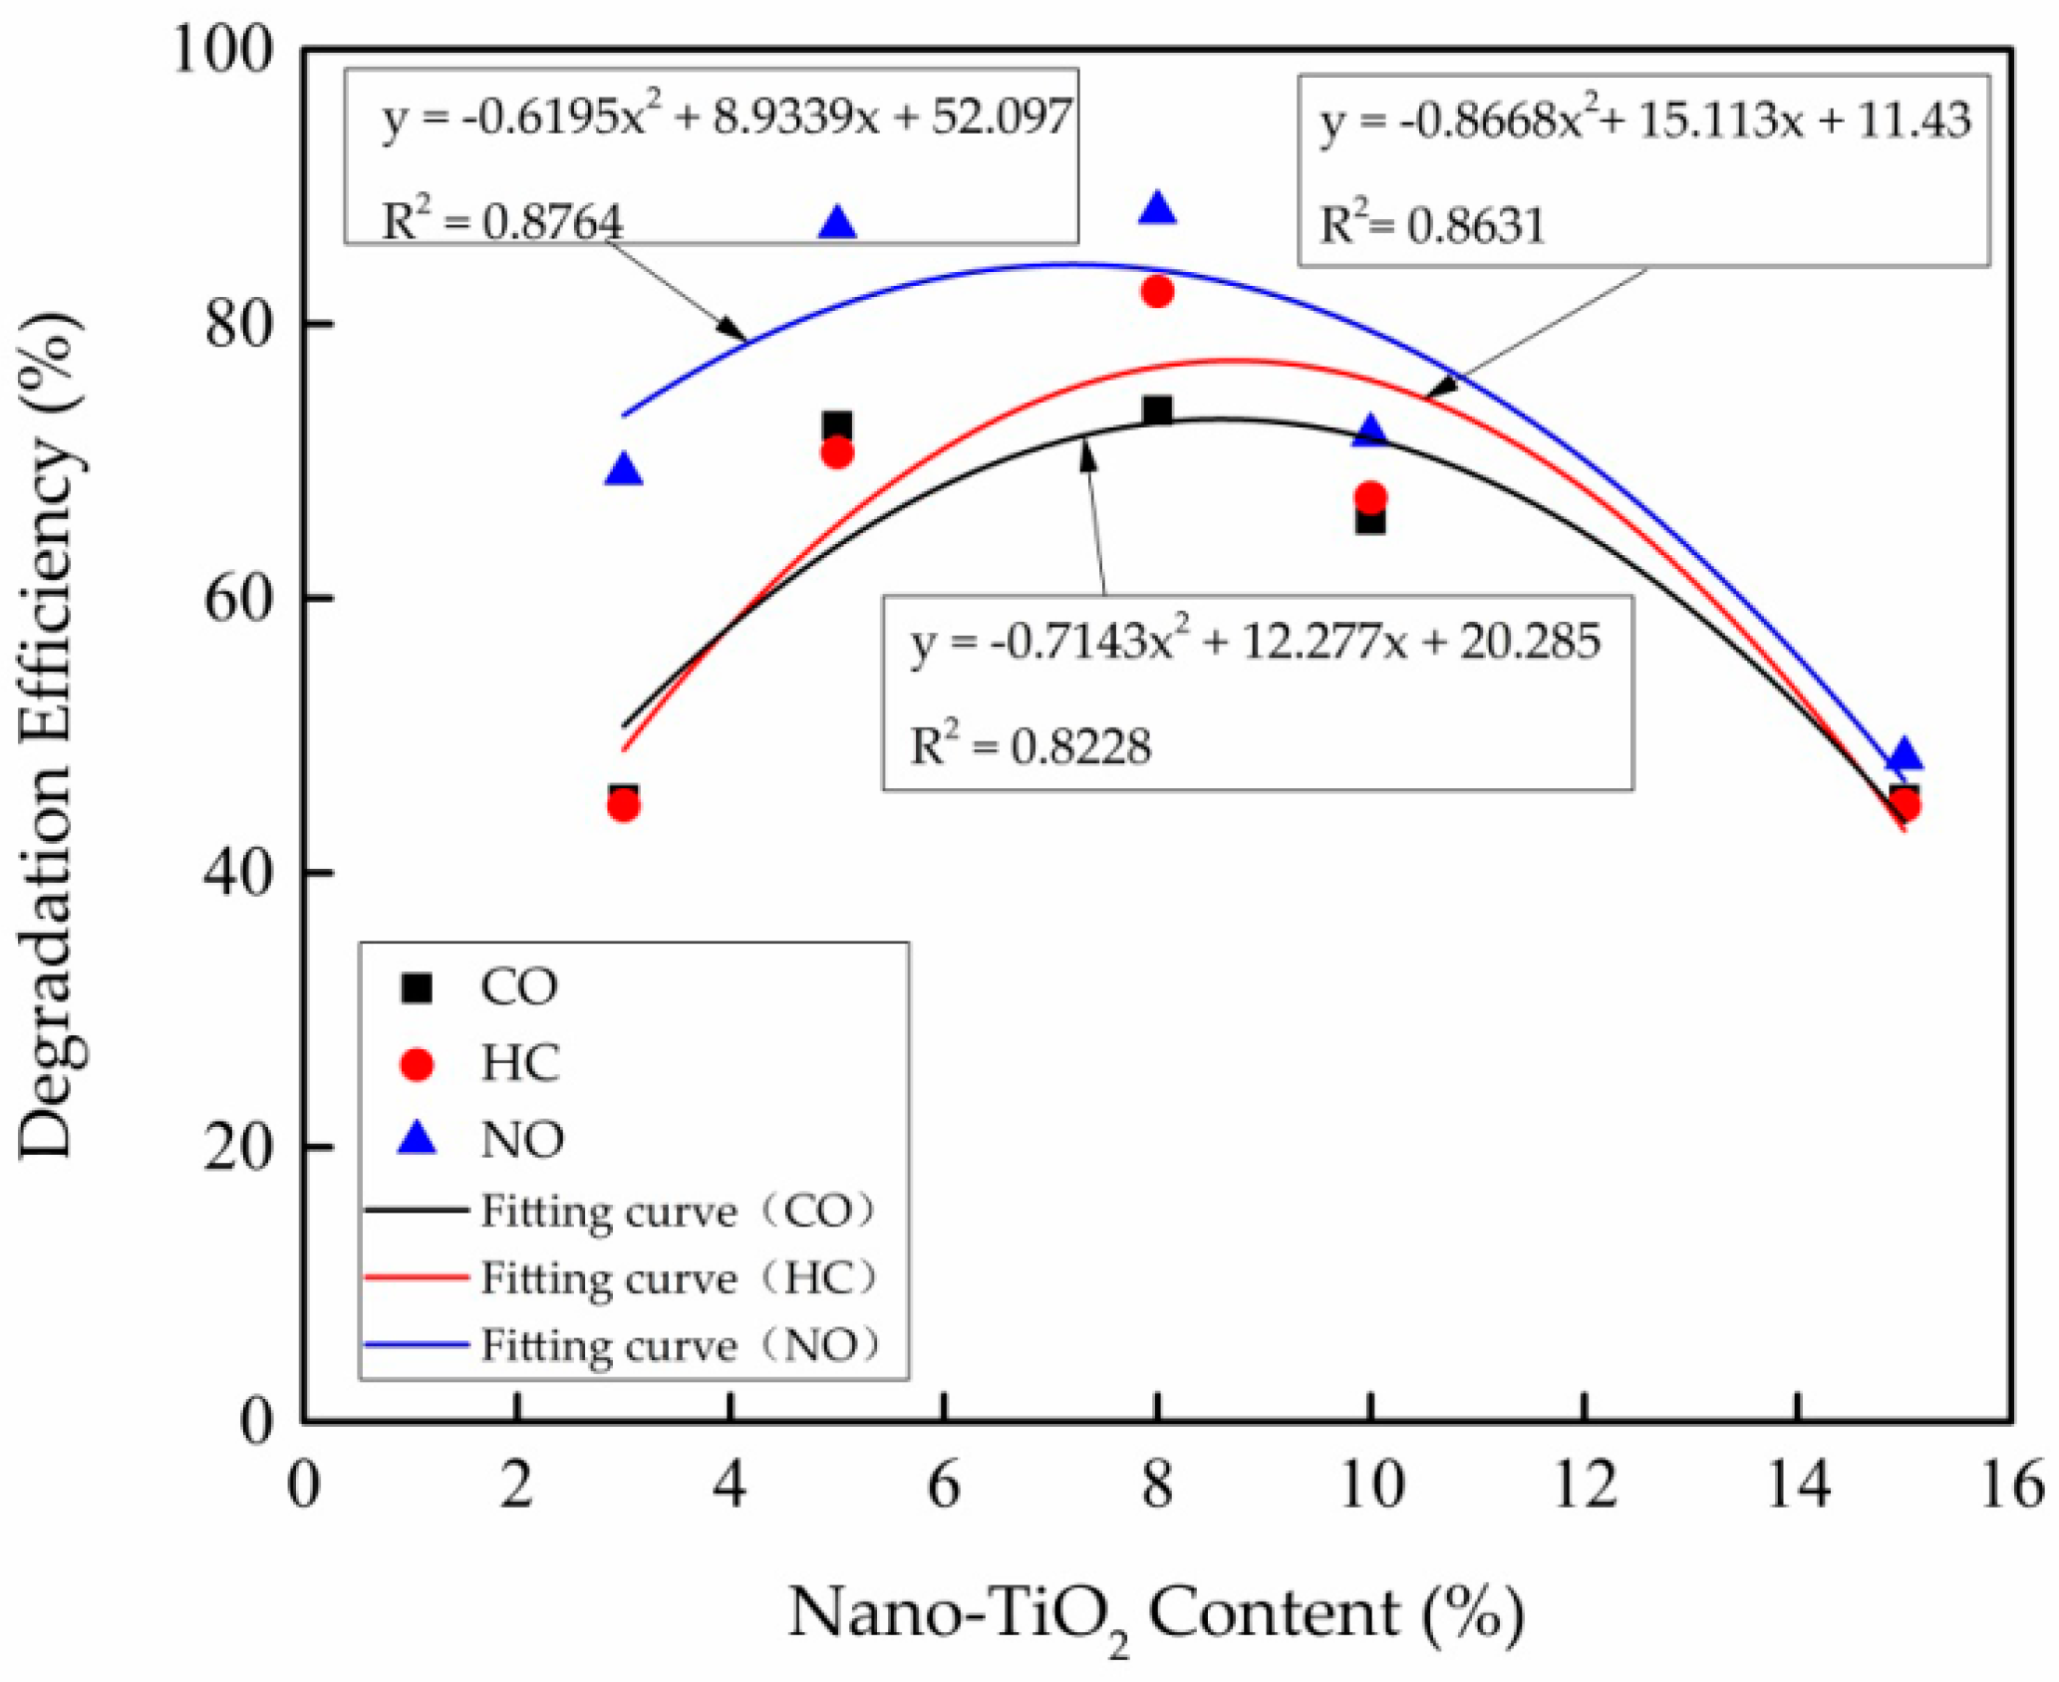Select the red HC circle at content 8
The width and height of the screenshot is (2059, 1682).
click(1157, 292)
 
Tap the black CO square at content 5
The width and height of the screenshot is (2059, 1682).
click(837, 426)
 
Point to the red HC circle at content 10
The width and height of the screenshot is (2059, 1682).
click(1371, 496)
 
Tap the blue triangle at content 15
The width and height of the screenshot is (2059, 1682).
click(1905, 755)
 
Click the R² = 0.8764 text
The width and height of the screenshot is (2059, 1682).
click(502, 221)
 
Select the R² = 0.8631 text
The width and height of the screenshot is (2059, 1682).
click(1432, 224)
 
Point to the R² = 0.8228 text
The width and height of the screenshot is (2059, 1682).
click(1030, 745)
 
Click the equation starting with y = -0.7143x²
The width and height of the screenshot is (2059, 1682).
click(1256, 641)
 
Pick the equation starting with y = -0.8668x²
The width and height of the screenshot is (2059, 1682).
click(1645, 121)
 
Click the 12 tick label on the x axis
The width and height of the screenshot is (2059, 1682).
click(1584, 1486)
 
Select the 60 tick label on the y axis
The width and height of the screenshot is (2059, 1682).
click(238, 599)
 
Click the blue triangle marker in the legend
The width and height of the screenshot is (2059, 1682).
click(417, 1138)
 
